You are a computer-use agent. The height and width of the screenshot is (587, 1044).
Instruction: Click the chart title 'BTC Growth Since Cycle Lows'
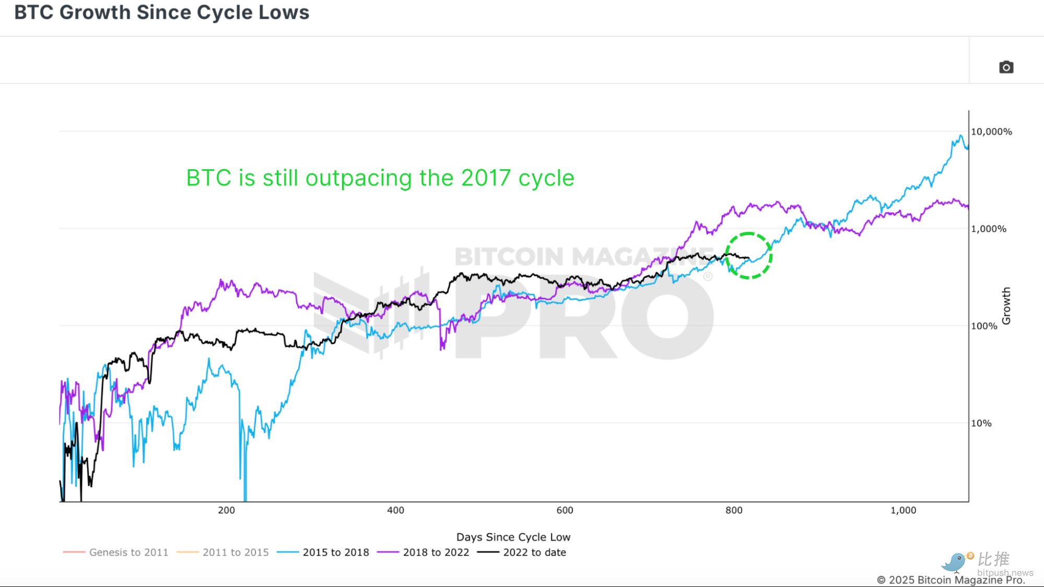[x=161, y=13]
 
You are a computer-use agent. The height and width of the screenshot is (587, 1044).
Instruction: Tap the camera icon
[x=1006, y=67]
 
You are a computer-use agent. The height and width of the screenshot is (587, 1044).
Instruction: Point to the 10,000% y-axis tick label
[x=991, y=132]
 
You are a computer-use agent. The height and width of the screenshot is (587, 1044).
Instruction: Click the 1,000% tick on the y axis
[x=988, y=229]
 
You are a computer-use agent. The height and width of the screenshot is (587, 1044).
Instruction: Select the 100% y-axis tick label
[x=984, y=326]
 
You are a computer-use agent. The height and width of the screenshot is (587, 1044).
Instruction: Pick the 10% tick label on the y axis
[x=981, y=423]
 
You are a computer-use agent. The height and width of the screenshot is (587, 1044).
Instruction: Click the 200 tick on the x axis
[x=226, y=510]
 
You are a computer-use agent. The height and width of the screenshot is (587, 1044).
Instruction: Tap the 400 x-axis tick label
[x=395, y=510]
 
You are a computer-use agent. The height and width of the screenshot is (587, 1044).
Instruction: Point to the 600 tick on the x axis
[x=565, y=510]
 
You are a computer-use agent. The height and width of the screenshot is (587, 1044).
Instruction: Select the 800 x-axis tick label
[x=734, y=510]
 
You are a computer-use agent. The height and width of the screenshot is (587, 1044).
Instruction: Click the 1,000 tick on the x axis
[x=903, y=510]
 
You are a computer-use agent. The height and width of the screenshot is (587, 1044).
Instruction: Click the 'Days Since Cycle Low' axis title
[x=513, y=537]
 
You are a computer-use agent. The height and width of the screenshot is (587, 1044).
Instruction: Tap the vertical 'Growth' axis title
[x=1006, y=306]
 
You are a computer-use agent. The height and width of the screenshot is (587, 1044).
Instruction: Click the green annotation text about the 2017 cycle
[x=380, y=178]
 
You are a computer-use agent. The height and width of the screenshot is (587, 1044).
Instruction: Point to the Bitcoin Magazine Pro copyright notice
[x=951, y=580]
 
